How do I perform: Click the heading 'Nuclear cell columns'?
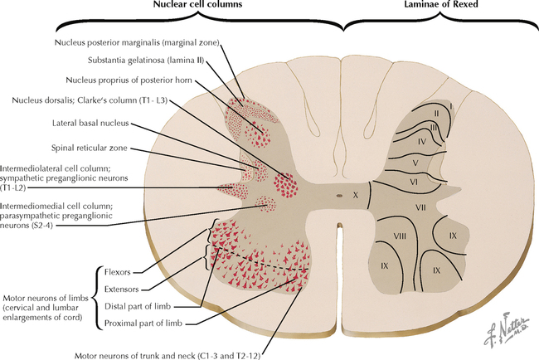(187, 7)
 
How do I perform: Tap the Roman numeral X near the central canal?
(356, 195)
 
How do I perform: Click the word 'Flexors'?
(116, 271)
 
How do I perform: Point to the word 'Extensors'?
(121, 289)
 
